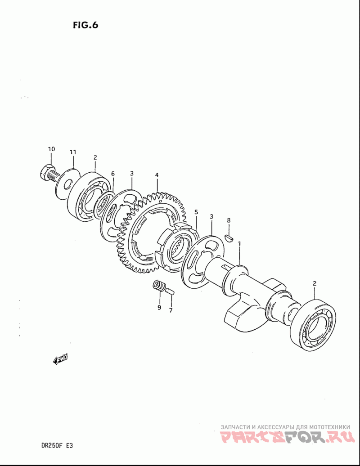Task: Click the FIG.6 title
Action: [85, 25]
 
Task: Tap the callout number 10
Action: [51, 149]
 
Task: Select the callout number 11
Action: [73, 152]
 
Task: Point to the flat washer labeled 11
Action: [68, 182]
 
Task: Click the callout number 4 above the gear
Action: [157, 175]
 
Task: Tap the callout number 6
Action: [113, 174]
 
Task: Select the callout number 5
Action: [196, 212]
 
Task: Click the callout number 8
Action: [229, 220]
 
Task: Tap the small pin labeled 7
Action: [170, 291]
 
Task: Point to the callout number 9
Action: [159, 308]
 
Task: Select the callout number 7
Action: [171, 310]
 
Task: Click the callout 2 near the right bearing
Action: [315, 283]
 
